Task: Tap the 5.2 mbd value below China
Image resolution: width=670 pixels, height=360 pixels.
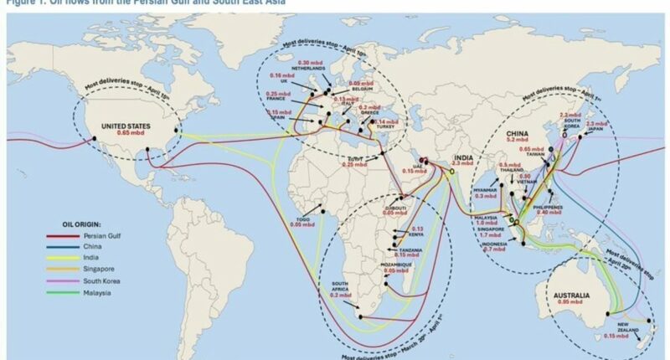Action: coord(516,141)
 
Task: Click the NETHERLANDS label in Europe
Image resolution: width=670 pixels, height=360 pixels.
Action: coord(307,69)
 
